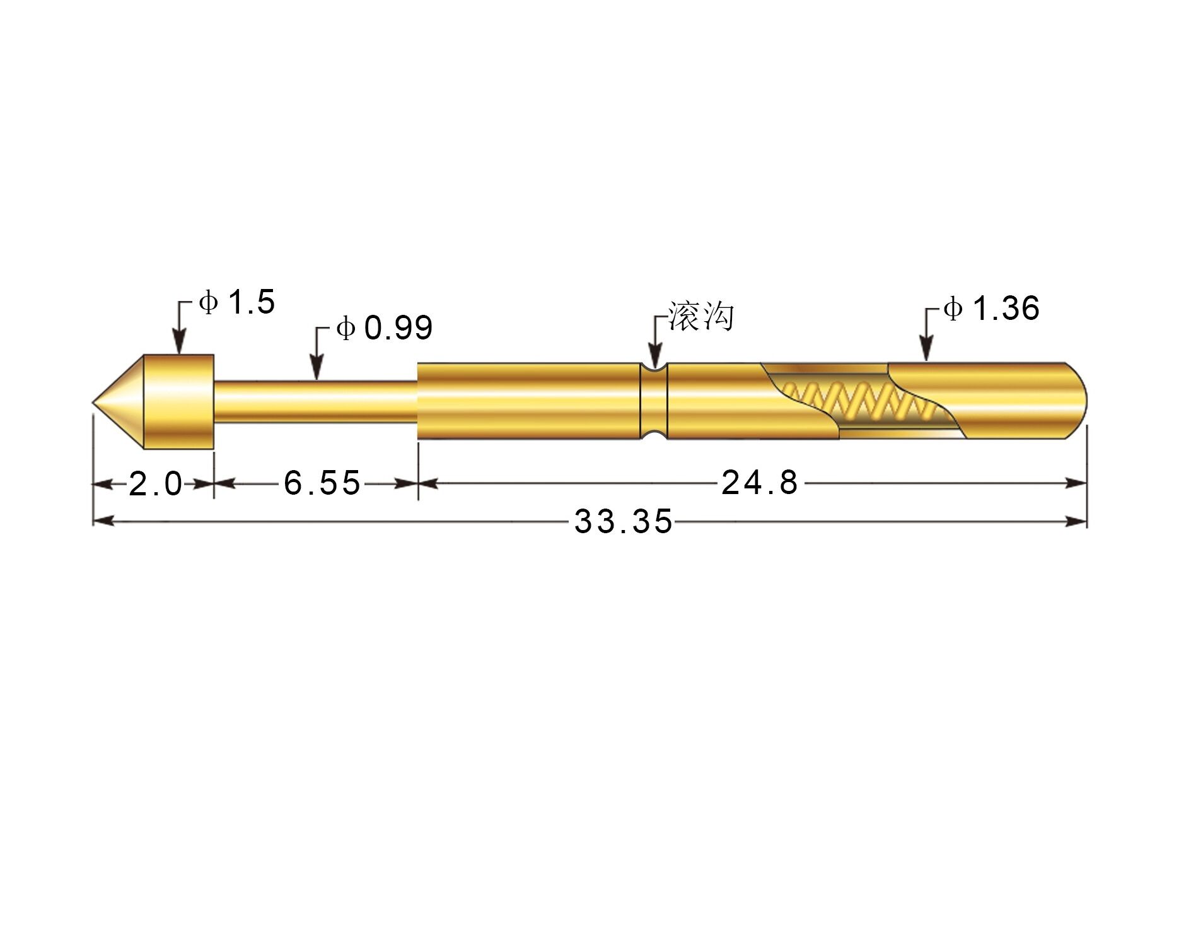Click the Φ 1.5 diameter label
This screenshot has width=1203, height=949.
pyautogui.click(x=237, y=302)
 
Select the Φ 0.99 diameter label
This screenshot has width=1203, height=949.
pyautogui.click(x=385, y=328)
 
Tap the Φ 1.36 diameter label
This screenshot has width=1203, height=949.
pyautogui.click(x=991, y=309)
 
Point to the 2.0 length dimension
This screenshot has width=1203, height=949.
pyautogui.click(x=155, y=484)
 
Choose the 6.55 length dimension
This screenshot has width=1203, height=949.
pyautogui.click(x=322, y=483)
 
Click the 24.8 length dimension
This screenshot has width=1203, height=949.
pyautogui.click(x=760, y=483)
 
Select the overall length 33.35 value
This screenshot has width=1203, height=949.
pyautogui.click(x=624, y=522)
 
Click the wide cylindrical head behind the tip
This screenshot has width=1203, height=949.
pyautogui.click(x=179, y=402)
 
